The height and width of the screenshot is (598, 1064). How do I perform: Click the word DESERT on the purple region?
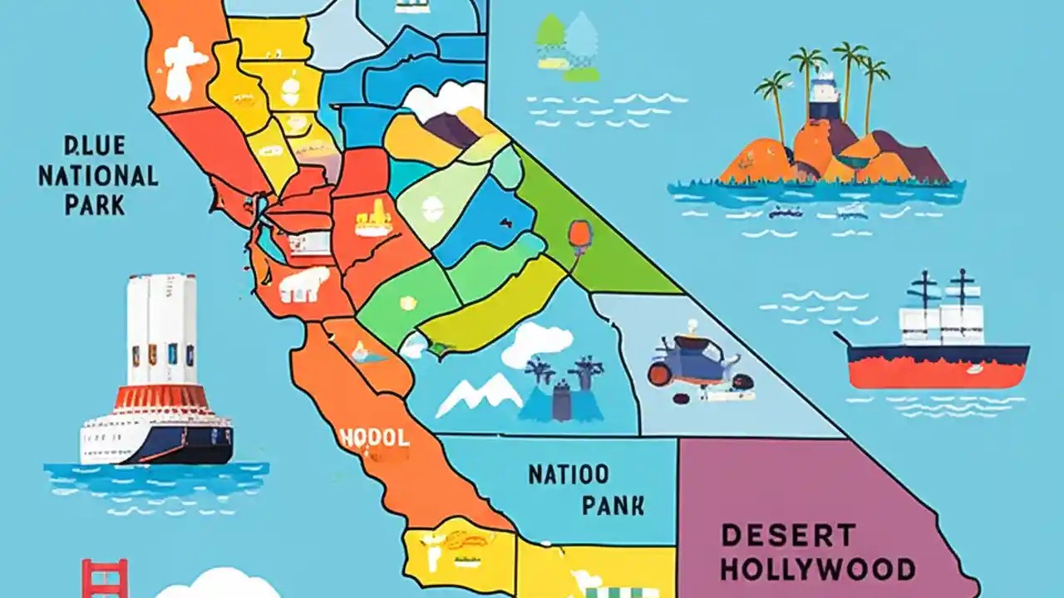(788, 535)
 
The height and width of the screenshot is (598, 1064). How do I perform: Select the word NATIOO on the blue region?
(569, 475)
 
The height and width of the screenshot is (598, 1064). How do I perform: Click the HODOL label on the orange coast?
(374, 437)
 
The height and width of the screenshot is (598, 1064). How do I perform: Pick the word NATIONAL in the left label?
(98, 176)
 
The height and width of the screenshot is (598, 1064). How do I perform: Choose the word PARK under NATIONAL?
(96, 205)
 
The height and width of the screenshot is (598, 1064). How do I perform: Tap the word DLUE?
(94, 147)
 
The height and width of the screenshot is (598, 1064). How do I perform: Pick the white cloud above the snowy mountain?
(539, 341)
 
